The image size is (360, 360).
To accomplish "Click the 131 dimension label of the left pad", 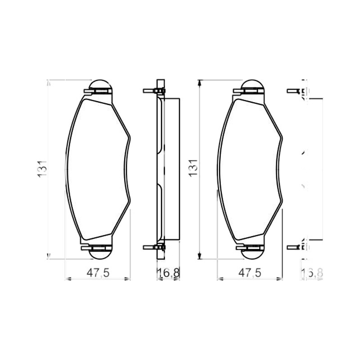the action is click(x=42, y=169).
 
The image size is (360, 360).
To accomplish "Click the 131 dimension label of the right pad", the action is click(x=193, y=168).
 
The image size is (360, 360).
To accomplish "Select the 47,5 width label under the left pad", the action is click(x=98, y=273).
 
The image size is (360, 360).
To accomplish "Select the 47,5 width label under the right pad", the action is click(x=250, y=273).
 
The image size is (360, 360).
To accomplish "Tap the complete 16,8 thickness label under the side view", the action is click(x=168, y=273).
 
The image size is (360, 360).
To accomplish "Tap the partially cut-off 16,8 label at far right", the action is click(x=312, y=273).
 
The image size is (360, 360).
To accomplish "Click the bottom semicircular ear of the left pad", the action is click(x=100, y=254).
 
